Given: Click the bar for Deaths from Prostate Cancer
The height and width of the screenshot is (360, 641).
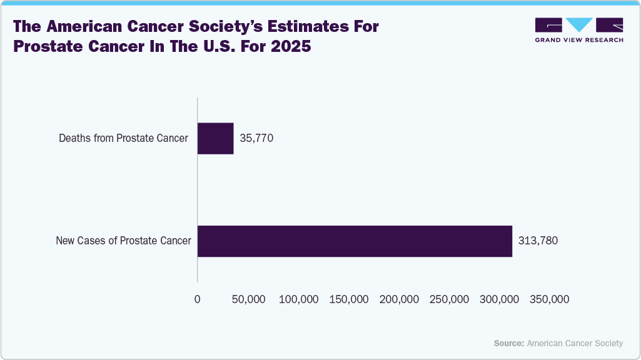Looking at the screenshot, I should point(216,138).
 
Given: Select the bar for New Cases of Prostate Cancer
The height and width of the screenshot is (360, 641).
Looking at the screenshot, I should point(355,241).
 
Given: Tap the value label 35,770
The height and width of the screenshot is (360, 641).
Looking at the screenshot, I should point(256,138).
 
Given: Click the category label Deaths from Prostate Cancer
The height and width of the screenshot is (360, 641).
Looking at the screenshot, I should point(123,138).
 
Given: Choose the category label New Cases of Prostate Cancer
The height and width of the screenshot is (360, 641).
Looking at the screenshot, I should point(123,241).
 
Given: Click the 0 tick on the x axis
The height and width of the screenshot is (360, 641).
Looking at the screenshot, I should point(198,299).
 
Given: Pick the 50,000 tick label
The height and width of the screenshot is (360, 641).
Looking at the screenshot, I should point(248,299).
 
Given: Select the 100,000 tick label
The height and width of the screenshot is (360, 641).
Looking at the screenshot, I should point(299,299).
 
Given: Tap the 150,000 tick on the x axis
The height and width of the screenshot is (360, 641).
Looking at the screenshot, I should point(349,299).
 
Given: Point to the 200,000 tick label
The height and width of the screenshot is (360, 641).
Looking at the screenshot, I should point(400,299).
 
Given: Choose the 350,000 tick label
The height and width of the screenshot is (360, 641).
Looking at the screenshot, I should point(550,299).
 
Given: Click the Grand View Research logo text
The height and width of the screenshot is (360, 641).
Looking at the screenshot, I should point(578,40).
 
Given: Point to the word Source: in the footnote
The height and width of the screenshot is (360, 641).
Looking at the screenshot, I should point(509,343).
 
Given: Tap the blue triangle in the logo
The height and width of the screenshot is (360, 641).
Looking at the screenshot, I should point(579,24).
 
